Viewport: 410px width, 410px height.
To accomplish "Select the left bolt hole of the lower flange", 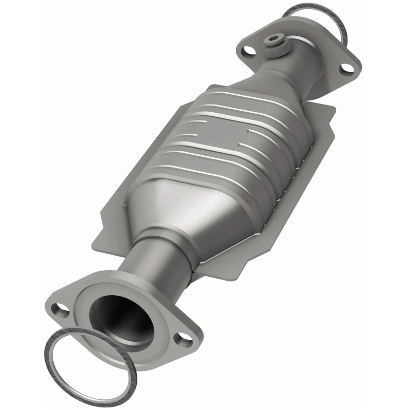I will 61,310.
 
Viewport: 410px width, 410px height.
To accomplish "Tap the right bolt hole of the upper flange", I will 346,66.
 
